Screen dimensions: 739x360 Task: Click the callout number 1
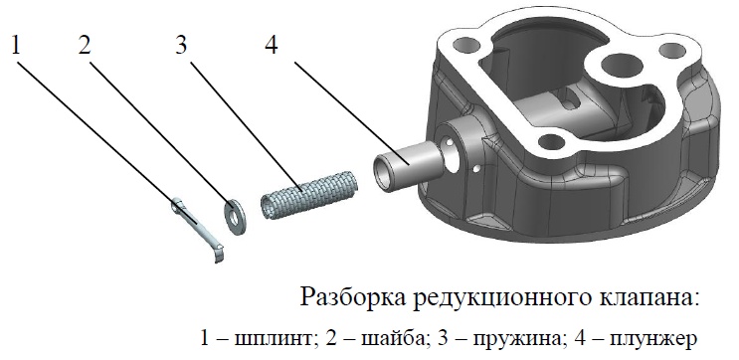point(17,46)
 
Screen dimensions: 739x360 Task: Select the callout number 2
point(85,46)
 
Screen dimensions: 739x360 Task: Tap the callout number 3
point(181,46)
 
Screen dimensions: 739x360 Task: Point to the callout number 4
point(272,46)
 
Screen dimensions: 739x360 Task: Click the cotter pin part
point(198,229)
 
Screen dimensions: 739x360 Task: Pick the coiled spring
point(309,195)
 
